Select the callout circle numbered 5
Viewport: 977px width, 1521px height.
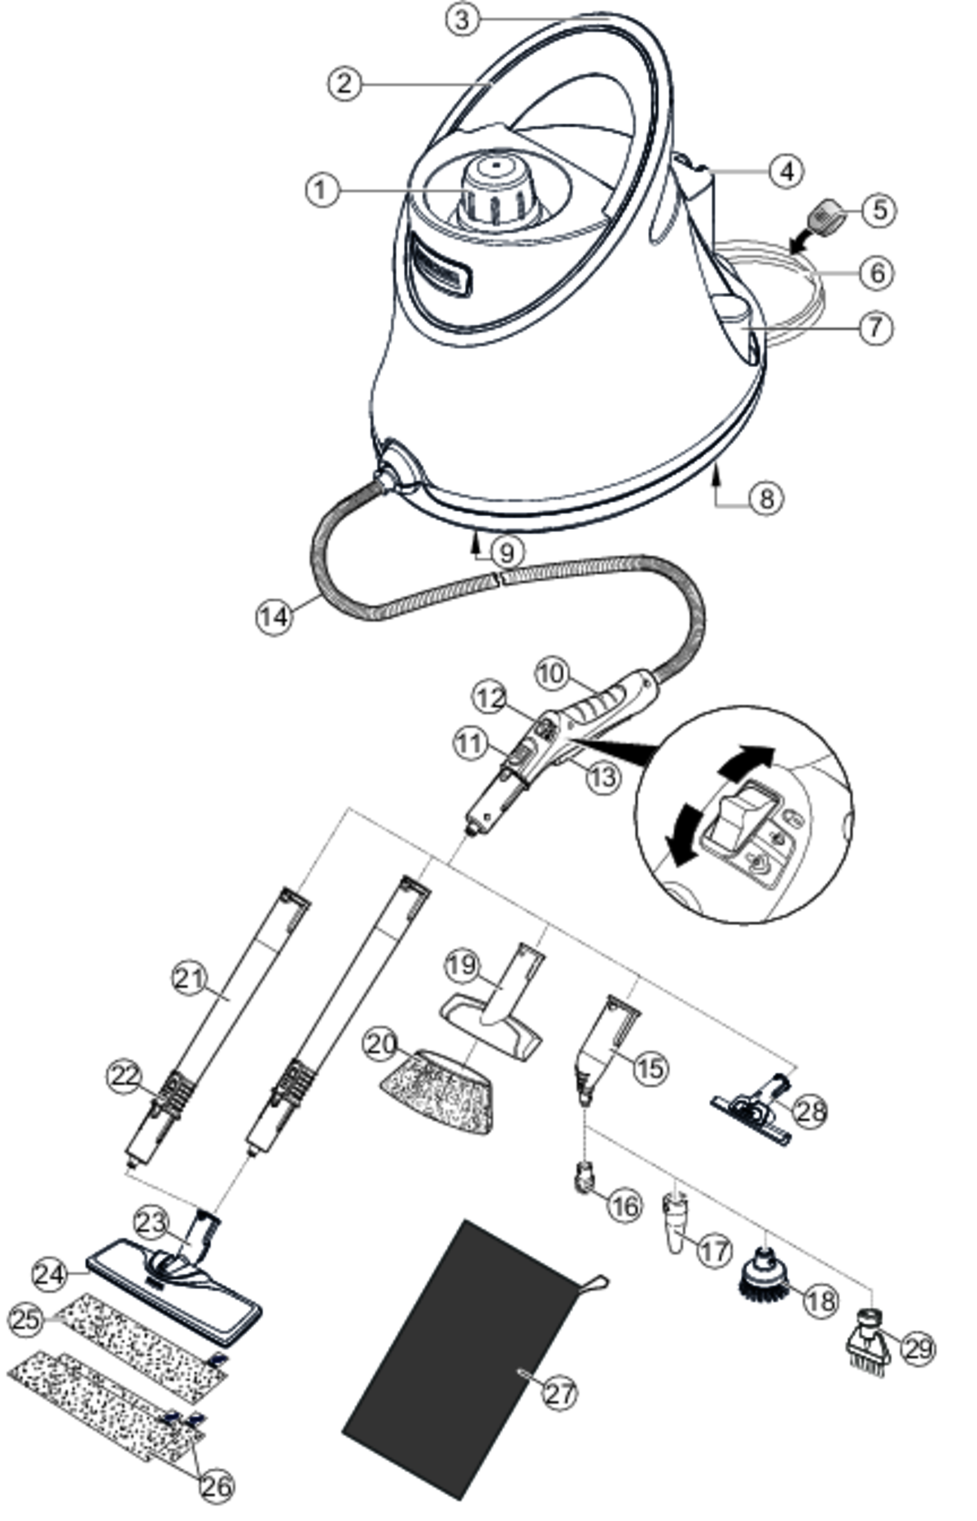coord(879,209)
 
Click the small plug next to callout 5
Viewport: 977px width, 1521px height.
coord(826,217)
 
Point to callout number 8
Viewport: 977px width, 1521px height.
coord(766,497)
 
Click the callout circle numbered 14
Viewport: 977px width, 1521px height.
coord(274,616)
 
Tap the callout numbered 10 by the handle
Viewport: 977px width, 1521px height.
coord(551,674)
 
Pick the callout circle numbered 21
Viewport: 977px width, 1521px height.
coord(191,978)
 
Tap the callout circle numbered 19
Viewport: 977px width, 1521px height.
coord(462,966)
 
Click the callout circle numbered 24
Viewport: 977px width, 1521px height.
coord(50,1274)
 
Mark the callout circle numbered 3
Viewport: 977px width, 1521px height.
coord(462,20)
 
